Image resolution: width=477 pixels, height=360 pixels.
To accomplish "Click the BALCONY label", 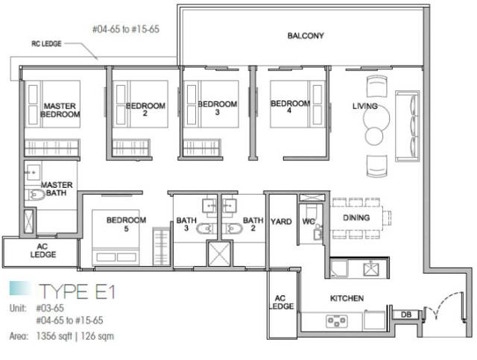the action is click(x=306, y=36).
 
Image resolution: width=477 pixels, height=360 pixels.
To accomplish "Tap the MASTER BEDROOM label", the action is click(x=60, y=110).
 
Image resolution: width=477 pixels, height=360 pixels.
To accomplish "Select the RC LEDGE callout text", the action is click(x=46, y=44).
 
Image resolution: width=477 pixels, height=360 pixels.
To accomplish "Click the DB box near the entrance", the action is click(x=406, y=315).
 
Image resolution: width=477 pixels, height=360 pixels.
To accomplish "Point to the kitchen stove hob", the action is click(x=336, y=320).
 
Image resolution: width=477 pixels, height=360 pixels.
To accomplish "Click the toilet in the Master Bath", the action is click(x=34, y=195).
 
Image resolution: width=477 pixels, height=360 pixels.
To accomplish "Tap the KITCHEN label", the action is click(x=347, y=298).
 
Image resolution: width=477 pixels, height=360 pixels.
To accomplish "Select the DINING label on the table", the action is click(x=356, y=218).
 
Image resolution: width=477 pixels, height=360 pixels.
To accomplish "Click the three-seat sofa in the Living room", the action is click(x=407, y=126).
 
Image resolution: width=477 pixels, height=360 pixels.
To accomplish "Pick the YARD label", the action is click(x=281, y=221).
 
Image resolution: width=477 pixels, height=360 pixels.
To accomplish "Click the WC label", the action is click(x=309, y=221).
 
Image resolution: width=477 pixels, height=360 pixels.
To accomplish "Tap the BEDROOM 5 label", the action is click(x=126, y=224).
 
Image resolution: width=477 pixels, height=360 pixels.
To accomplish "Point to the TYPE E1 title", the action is click(x=78, y=291).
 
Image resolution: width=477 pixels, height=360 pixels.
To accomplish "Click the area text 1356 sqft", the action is click(x=54, y=336).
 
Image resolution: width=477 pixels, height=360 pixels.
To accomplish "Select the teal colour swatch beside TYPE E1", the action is click(x=20, y=288).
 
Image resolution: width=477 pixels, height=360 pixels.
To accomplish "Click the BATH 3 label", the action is click(x=186, y=224).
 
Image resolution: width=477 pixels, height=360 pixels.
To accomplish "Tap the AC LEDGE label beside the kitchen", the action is click(x=281, y=302).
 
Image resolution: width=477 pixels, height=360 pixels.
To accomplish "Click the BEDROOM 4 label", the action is click(x=290, y=107).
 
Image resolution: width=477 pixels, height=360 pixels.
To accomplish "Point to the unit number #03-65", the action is click(x=50, y=309).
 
